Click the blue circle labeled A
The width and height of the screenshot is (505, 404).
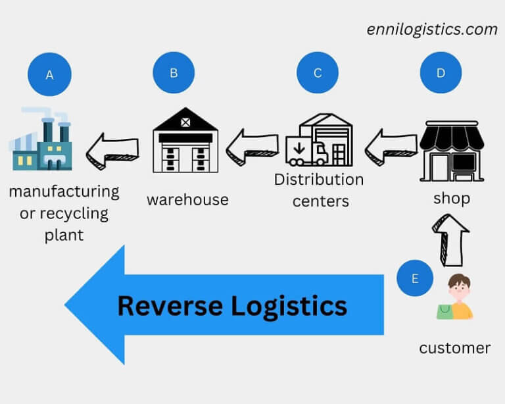pyautogui.click(x=49, y=75)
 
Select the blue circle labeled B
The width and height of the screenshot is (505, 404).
pyautogui.click(x=174, y=72)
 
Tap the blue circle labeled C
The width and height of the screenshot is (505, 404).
pyautogui.click(x=318, y=72)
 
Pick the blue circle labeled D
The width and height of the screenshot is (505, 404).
pyautogui.click(x=441, y=72)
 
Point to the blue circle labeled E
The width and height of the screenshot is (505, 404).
pyautogui.click(x=415, y=278)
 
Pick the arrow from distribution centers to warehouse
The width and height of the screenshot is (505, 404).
pyautogui.click(x=252, y=145)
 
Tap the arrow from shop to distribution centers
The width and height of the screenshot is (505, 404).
pyautogui.click(x=391, y=145)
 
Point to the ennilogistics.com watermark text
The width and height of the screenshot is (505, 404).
pyautogui.click(x=432, y=29)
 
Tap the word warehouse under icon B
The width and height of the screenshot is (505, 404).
pyautogui.click(x=187, y=199)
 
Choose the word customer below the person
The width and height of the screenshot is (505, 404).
pyautogui.click(x=454, y=347)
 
